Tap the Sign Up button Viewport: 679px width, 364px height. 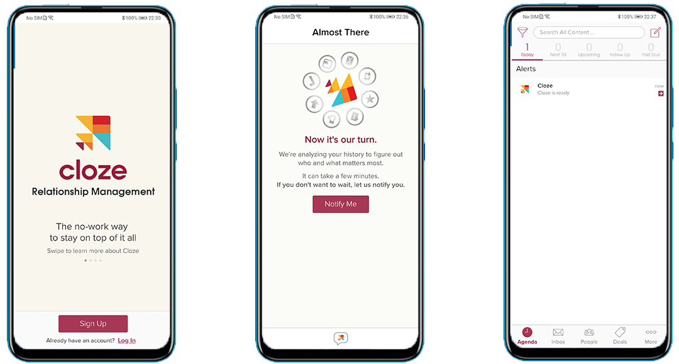tap(93, 324)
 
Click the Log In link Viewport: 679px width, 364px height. tap(126, 341)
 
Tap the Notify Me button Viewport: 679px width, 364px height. tap(340, 204)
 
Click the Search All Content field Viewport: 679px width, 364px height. tap(588, 32)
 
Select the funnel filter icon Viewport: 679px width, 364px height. tap(522, 32)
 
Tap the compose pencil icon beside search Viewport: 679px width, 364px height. tap(656, 32)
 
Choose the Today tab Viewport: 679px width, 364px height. tap(527, 50)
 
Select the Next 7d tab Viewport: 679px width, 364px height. tap(558, 50)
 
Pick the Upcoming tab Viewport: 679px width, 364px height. tap(588, 50)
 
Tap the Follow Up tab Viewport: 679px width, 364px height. tap(619, 50)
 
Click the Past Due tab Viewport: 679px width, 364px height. tap(651, 50)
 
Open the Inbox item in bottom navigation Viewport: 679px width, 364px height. tap(558, 336)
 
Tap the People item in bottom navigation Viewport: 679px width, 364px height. tap(589, 336)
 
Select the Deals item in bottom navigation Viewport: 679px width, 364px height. tap(620, 336)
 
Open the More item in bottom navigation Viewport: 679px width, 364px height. tap(651, 336)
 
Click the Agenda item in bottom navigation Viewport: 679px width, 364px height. tap(527, 336)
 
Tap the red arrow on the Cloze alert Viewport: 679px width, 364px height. tap(660, 93)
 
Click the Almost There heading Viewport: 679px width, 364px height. tap(341, 32)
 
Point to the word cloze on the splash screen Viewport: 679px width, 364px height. tap(93, 170)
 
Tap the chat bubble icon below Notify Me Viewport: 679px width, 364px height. tap(340, 339)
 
